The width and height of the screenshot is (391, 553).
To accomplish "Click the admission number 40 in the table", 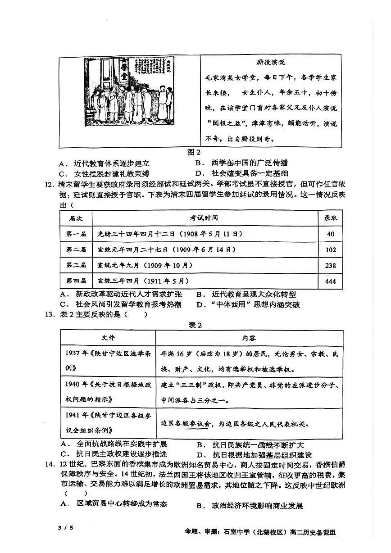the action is coord(331,234).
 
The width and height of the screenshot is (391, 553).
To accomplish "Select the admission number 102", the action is coord(331,249).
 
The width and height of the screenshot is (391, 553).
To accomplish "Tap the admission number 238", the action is coord(331,265).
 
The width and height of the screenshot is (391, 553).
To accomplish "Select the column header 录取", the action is coord(331,218).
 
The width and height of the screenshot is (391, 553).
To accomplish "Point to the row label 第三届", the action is coord(76,265).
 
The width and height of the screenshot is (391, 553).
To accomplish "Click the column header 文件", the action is coord(108,338).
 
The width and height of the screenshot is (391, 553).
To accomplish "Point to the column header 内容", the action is coord(248,338).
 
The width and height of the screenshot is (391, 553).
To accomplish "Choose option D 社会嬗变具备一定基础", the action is coord(244,173).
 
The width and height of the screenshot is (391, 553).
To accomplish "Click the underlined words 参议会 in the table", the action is coord(200,424).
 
